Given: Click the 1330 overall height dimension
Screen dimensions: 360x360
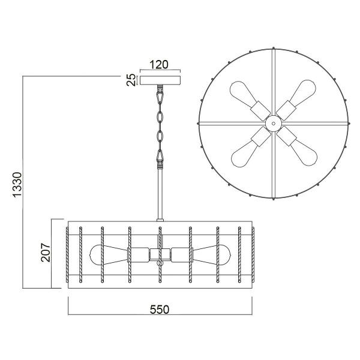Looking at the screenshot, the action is tap(17, 185).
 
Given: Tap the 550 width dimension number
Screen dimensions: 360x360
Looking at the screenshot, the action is tap(160, 310).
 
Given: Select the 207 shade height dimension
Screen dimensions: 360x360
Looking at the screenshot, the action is tap(46, 253).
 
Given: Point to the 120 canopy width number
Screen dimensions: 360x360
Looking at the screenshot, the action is tap(159, 65).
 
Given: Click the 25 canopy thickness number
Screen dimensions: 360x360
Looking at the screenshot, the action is tap(131, 80).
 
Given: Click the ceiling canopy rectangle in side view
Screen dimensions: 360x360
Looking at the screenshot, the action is tap(160, 80).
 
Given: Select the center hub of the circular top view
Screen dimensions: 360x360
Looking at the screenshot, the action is tap(273, 123).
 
